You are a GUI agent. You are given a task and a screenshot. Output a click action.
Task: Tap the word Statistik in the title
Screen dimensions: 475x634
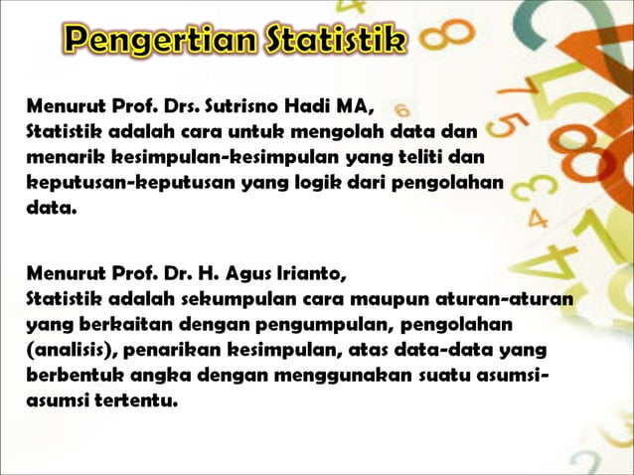tap(336, 43)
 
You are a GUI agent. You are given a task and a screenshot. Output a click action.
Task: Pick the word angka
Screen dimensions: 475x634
tap(157, 378)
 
